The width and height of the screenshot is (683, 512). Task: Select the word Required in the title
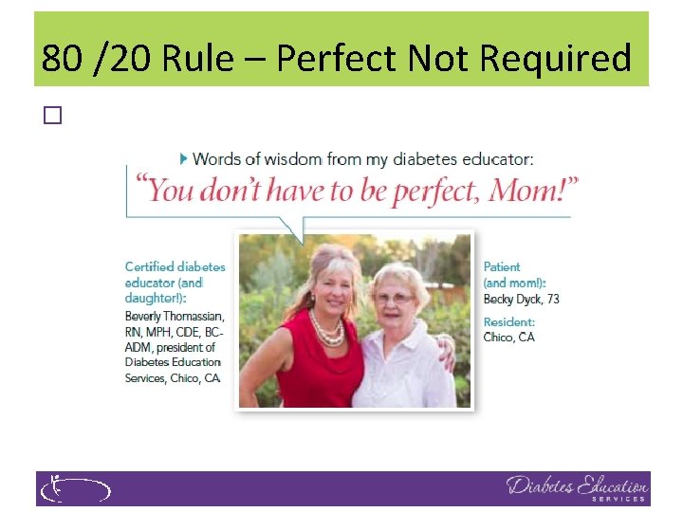tap(555, 59)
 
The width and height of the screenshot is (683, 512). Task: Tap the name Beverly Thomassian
tap(175, 316)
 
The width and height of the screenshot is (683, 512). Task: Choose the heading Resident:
tap(509, 322)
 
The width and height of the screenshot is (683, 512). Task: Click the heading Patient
tap(502, 267)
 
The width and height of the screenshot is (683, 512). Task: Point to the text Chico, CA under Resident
tap(509, 338)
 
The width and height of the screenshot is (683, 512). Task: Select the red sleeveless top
tap(319, 365)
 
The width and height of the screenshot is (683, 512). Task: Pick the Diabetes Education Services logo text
tap(577, 487)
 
